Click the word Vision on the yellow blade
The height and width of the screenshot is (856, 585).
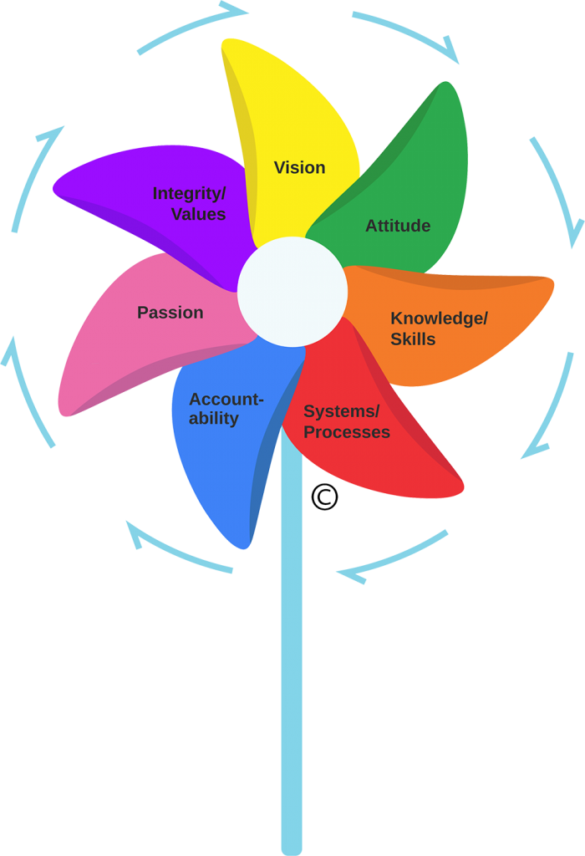pos(299,168)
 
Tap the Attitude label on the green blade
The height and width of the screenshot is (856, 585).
pos(398,226)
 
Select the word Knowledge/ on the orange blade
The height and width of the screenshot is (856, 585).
pos(439,318)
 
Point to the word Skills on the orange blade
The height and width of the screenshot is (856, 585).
pos(413,339)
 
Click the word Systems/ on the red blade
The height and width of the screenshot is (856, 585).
pos(341,411)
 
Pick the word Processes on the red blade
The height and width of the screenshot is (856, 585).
pos(346,432)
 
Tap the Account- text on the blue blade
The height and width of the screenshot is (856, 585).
pos(226,400)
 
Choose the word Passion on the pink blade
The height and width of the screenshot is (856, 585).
pos(170,313)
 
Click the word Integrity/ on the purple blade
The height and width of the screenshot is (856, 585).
pos(189,194)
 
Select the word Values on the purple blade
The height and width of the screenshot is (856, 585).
pos(198,214)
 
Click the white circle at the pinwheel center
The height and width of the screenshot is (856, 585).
pos(292,292)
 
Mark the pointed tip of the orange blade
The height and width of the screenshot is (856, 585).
pos(552,282)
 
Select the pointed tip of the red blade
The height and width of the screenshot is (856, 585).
pos(461,487)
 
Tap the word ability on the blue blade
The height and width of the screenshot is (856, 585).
pos(213,419)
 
